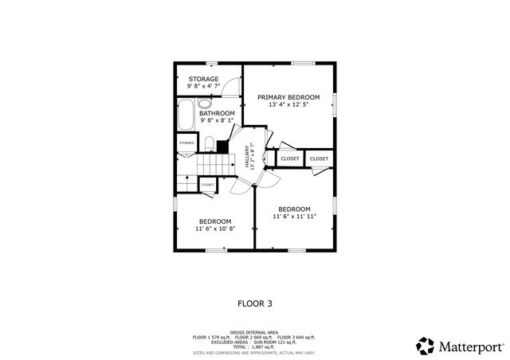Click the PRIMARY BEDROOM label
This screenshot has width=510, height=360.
(288, 96)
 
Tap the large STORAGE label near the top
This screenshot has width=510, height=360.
(203, 79)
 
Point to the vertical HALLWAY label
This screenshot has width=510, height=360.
(247, 156)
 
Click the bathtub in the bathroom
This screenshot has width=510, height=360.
(185, 116)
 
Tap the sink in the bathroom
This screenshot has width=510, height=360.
(205, 104)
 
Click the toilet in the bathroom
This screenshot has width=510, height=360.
(209, 144)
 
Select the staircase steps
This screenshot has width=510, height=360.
(214, 164)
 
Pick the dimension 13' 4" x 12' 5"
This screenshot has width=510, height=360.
(288, 104)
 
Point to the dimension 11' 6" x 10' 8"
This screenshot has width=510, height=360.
(215, 229)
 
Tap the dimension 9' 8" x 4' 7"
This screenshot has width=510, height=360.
(204, 86)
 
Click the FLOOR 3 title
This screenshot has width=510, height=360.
(255, 303)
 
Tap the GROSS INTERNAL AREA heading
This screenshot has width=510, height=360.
(254, 332)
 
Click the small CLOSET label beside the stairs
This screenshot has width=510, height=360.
(207, 185)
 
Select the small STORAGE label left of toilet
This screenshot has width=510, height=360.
(186, 143)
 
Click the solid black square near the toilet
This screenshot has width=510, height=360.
(222, 147)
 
